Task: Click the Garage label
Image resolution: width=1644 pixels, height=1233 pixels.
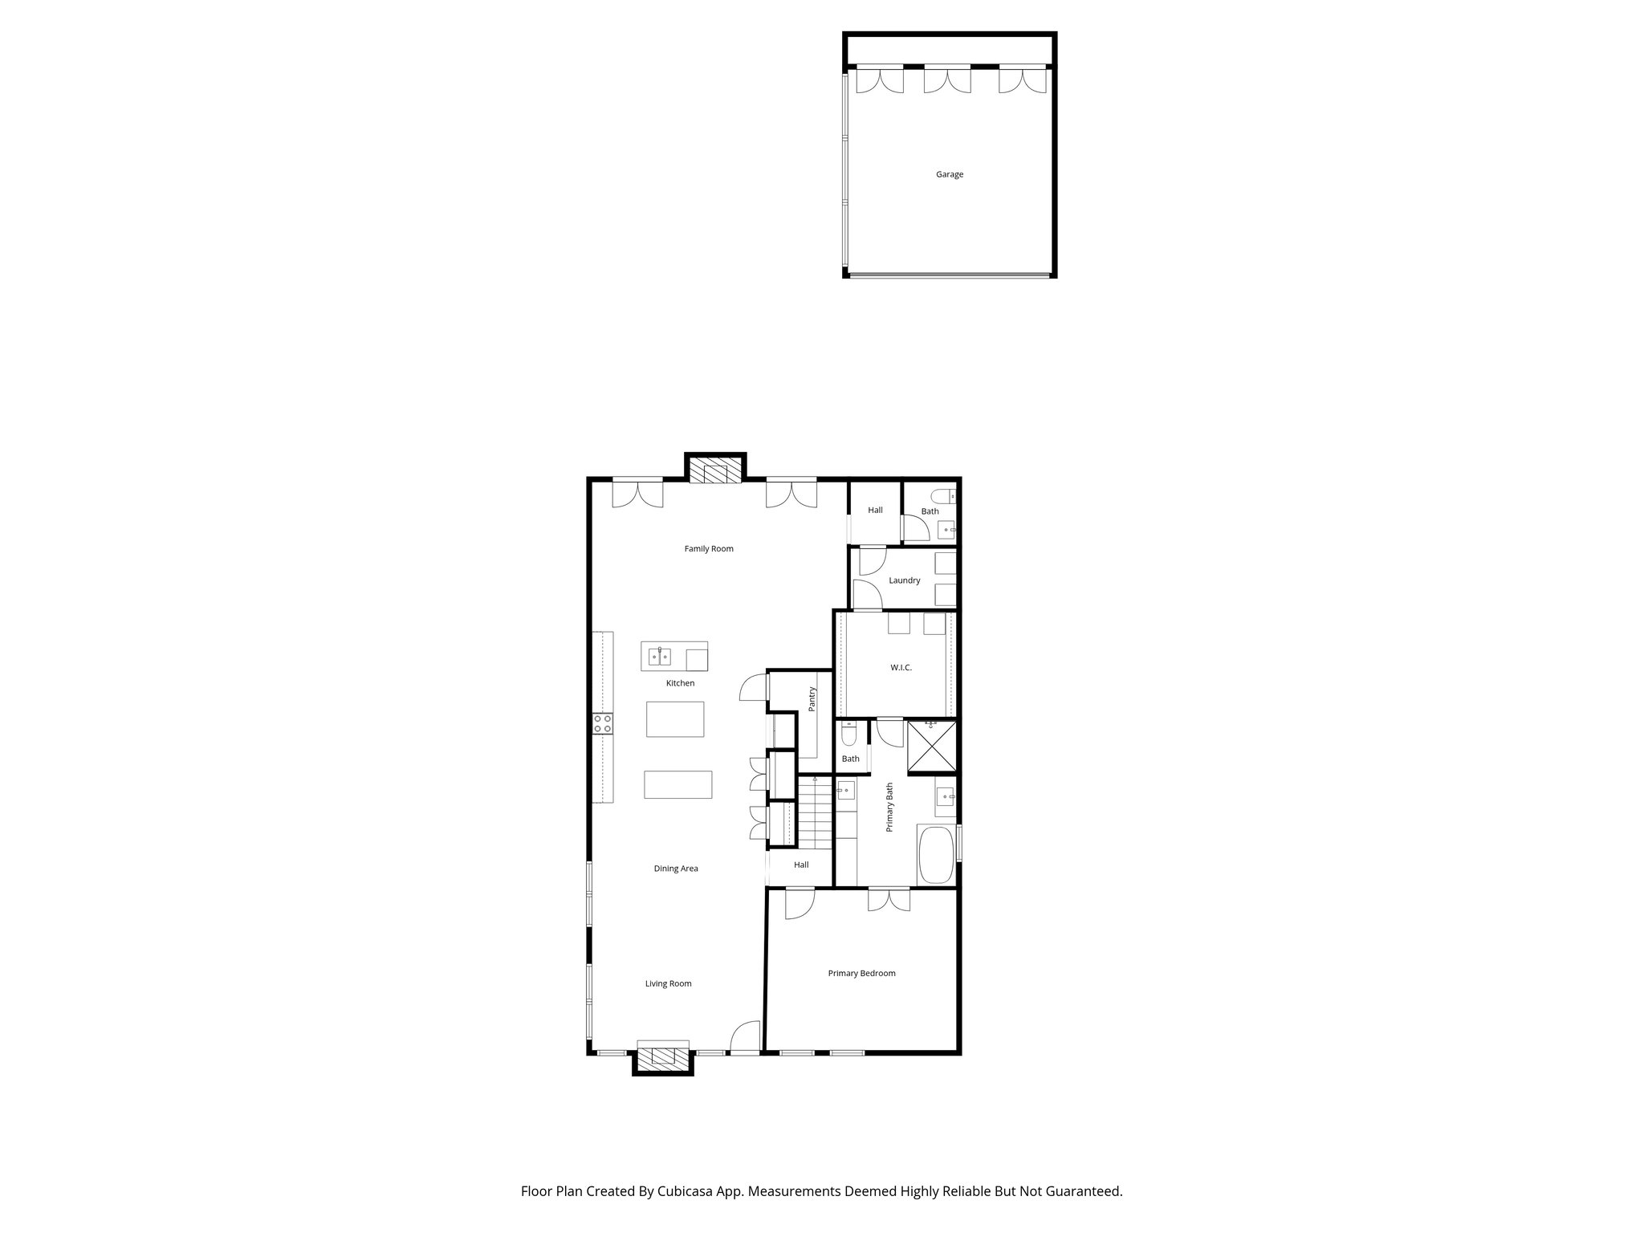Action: [949, 174]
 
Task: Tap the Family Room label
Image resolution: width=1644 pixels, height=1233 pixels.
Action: [708, 549]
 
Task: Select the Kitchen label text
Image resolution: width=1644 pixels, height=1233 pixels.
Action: [680, 683]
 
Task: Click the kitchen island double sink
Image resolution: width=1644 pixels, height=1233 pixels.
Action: [660, 657]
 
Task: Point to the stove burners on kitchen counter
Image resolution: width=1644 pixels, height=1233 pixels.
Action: [603, 723]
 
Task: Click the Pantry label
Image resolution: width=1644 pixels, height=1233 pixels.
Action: [812, 698]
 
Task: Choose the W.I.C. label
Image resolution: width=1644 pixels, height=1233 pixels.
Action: [901, 667]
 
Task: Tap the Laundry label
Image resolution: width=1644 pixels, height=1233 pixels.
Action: [904, 580]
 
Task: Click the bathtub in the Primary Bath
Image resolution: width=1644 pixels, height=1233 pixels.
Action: [936, 856]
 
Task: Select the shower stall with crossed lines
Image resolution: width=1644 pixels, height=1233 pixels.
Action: [931, 747]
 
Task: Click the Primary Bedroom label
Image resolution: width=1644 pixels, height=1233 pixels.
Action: [861, 973]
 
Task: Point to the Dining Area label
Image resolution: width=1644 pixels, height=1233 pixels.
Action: [675, 869]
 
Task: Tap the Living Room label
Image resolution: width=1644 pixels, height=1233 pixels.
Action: [668, 983]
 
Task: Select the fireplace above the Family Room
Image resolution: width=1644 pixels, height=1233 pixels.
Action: [715, 472]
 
